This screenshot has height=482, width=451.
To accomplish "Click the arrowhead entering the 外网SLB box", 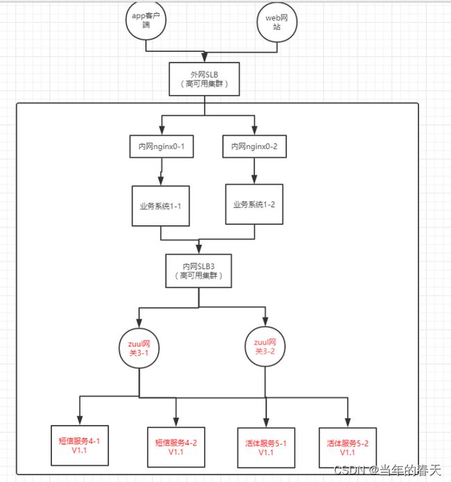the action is [x=204, y=58].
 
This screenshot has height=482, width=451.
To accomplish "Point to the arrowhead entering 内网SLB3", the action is [x=199, y=249].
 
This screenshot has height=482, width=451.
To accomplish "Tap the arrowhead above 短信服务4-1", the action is [x=80, y=420].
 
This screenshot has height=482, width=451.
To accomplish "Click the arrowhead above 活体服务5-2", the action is [x=348, y=422].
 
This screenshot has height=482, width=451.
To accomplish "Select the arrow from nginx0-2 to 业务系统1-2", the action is [x=254, y=171].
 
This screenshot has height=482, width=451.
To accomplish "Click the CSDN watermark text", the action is [x=388, y=470].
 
